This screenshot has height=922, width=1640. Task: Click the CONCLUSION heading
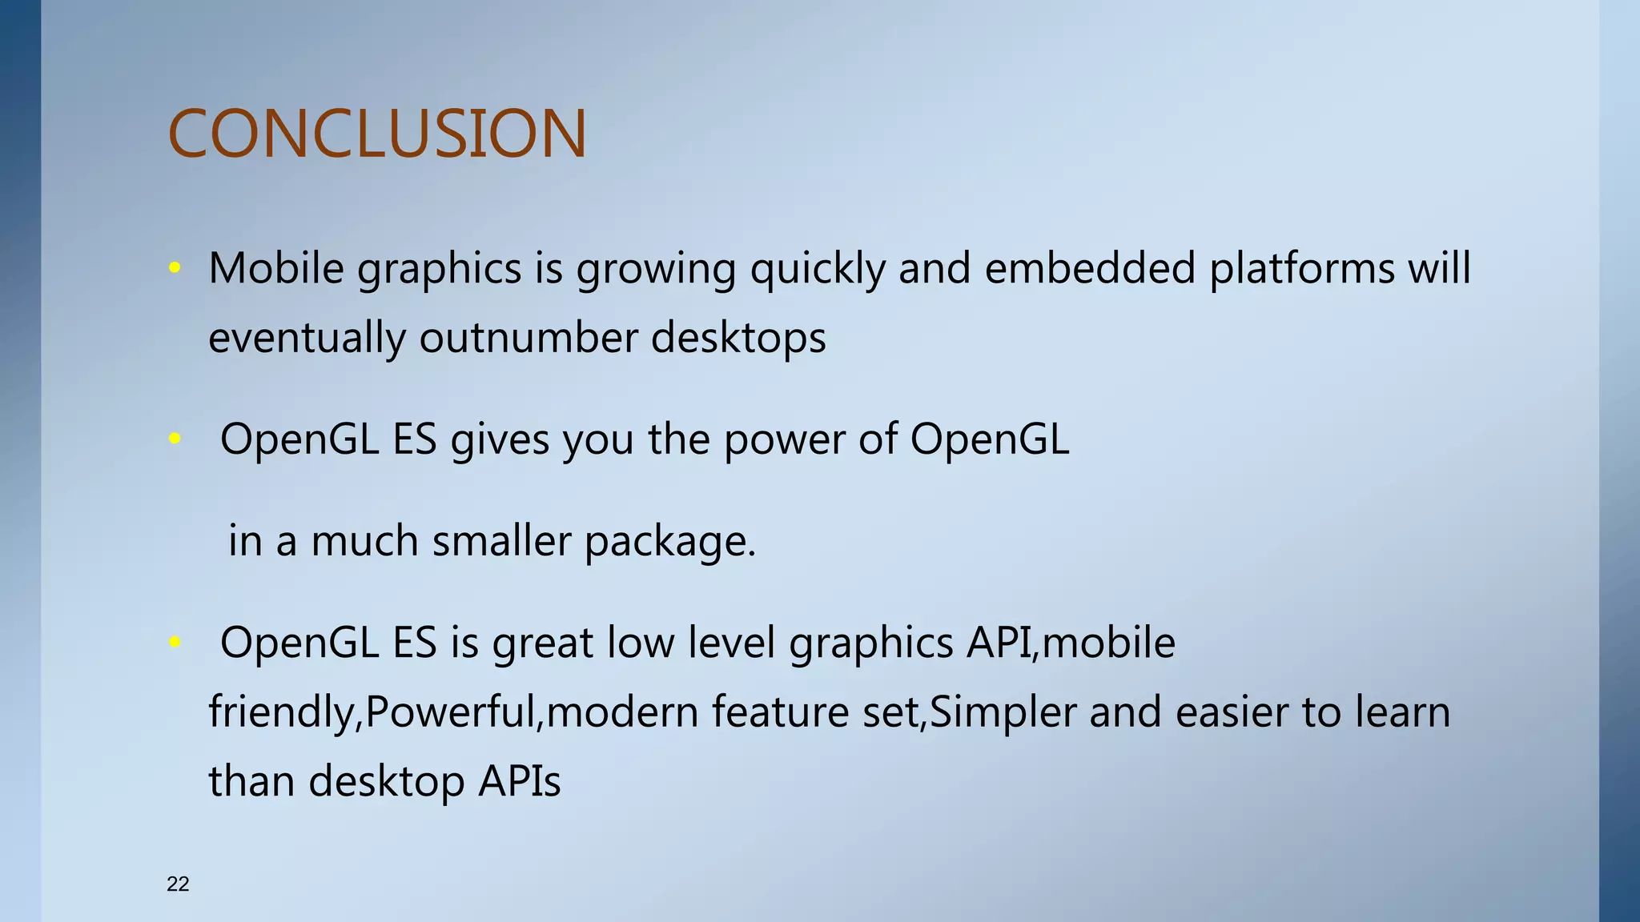[x=377, y=134]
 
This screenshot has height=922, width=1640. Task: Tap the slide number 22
[x=178, y=884]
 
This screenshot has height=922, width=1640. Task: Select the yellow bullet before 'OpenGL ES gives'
[x=175, y=439]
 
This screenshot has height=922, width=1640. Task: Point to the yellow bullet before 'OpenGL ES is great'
[x=175, y=642]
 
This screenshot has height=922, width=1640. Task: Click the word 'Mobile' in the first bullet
[x=276, y=268]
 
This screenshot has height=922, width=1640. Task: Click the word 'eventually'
[x=307, y=339]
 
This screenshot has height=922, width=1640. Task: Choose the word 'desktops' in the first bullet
[x=738, y=339]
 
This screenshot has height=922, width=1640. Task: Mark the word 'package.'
[x=670, y=543]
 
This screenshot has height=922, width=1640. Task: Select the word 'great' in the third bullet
[x=543, y=643]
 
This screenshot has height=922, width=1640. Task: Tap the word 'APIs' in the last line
[x=520, y=781]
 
